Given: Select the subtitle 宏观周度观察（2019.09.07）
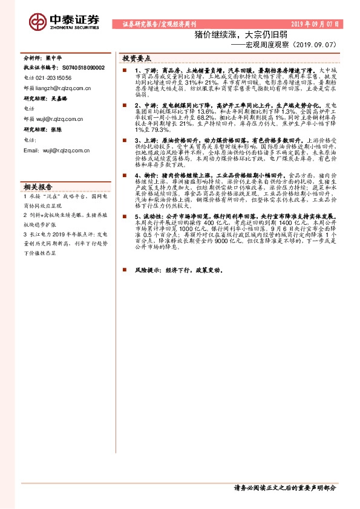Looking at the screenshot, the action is [285, 45].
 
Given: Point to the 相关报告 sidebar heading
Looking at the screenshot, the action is [38, 187].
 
